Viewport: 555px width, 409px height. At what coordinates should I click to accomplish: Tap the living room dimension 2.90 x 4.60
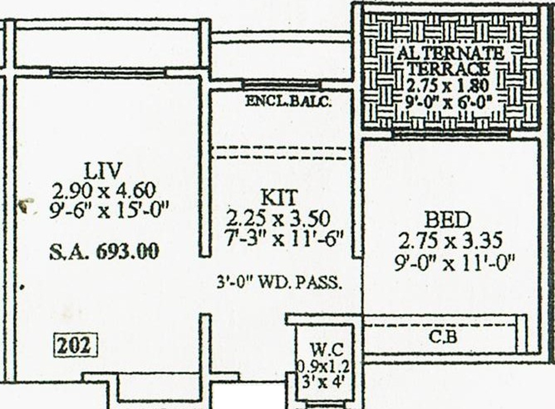pyautogui.click(x=104, y=190)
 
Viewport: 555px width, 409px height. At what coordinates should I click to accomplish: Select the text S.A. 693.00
pyautogui.click(x=105, y=252)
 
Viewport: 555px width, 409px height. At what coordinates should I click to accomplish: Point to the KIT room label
pyautogui.click(x=279, y=197)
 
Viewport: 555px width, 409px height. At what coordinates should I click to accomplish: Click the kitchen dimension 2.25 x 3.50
pyautogui.click(x=278, y=218)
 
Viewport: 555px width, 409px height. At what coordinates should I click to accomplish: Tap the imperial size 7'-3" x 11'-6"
pyautogui.click(x=279, y=238)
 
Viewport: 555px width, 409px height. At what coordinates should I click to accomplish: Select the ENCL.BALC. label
pyautogui.click(x=288, y=101)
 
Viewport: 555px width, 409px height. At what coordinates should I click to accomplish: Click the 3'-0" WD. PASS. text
pyautogui.click(x=280, y=282)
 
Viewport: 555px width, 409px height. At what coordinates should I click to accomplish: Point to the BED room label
pyautogui.click(x=447, y=220)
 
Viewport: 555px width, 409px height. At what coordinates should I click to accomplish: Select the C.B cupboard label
pyautogui.click(x=443, y=337)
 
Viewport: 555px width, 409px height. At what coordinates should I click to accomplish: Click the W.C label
pyautogui.click(x=326, y=349)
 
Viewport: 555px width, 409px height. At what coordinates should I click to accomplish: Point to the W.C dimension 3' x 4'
pyautogui.click(x=324, y=381)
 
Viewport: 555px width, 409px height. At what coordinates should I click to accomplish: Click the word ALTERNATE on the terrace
pyautogui.click(x=450, y=53)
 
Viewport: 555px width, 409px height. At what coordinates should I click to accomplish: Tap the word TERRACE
pyautogui.click(x=448, y=69)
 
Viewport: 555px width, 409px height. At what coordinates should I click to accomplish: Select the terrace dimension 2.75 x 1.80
pyautogui.click(x=448, y=85)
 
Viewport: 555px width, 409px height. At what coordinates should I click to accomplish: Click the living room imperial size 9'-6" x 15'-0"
pyautogui.click(x=109, y=209)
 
